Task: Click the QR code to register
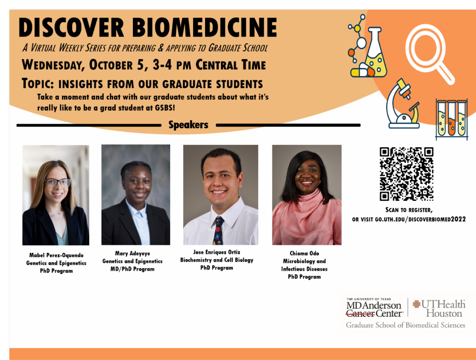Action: [406, 174]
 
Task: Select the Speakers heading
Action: [188, 125]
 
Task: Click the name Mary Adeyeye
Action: [132, 253]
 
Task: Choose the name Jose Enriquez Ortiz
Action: [217, 252]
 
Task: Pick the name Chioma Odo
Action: [304, 253]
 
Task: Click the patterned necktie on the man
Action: [218, 231]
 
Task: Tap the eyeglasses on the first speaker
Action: [58, 183]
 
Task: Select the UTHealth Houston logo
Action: [439, 308]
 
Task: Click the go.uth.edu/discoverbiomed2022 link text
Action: [420, 219]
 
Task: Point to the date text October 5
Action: [121, 64]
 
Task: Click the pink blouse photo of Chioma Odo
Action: [307, 222]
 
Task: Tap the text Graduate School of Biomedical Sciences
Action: [405, 325]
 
